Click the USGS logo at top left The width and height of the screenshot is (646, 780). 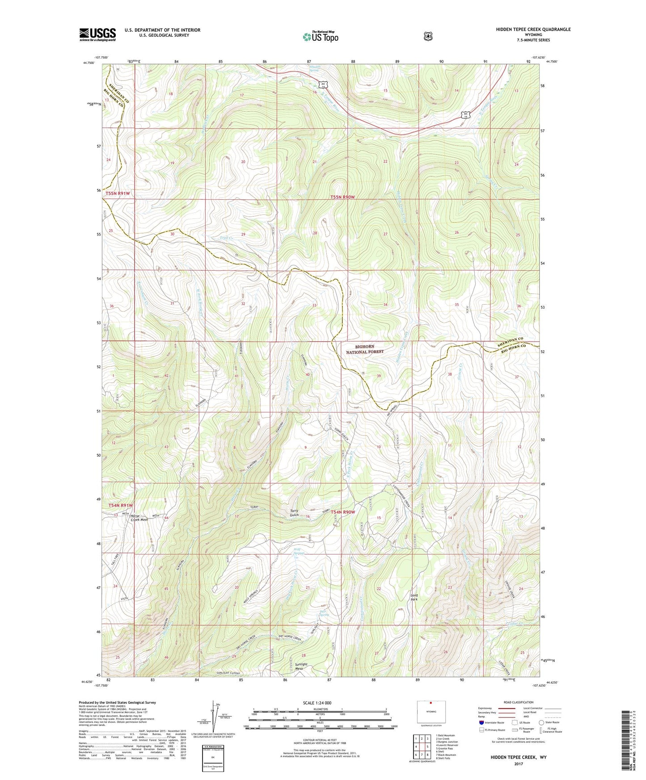pyautogui.click(x=97, y=34)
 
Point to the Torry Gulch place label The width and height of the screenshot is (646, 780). pyautogui.click(x=294, y=513)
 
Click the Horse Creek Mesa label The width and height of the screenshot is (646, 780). pyautogui.click(x=139, y=518)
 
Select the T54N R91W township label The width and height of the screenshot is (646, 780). pyautogui.click(x=120, y=505)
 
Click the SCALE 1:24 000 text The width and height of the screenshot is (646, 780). pyautogui.click(x=317, y=703)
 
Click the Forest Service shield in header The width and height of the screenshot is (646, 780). pyautogui.click(x=428, y=36)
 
